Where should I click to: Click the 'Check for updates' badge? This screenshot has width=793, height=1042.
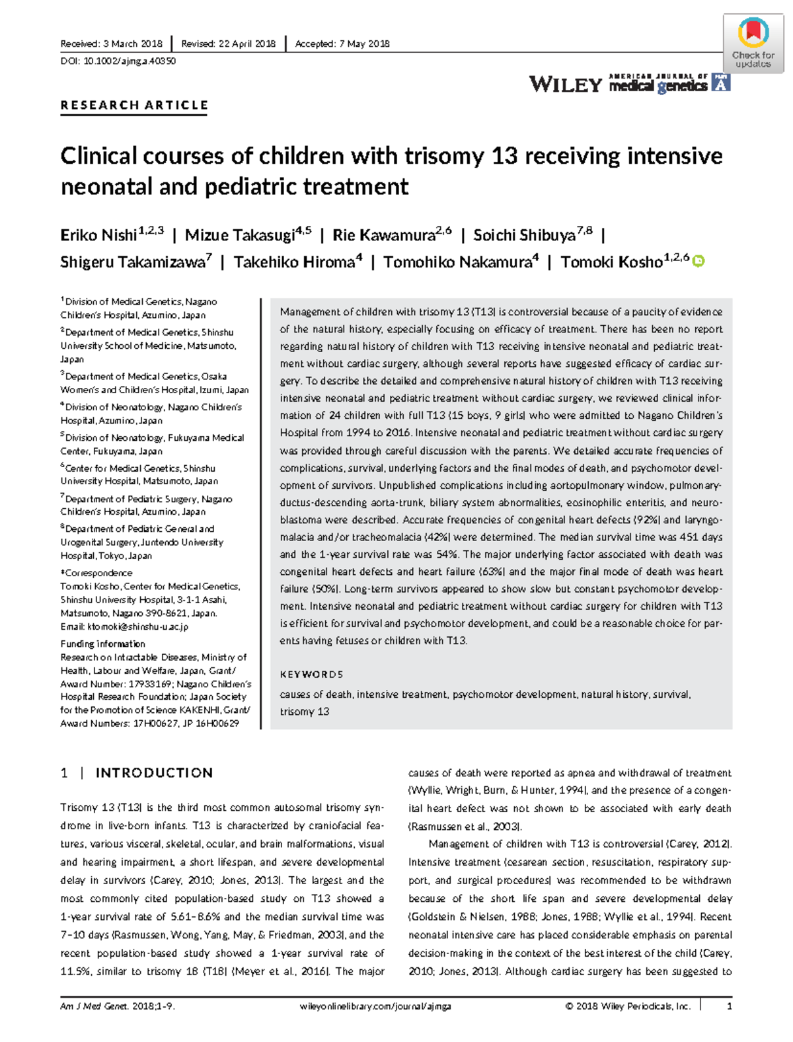click(753, 43)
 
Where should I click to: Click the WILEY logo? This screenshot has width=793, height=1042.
click(565, 85)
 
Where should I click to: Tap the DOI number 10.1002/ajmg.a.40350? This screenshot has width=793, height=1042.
click(129, 61)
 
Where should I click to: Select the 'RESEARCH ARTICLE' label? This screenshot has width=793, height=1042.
click(134, 105)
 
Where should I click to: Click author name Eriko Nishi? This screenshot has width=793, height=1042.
click(98, 236)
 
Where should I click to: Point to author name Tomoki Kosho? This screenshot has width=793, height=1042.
click(611, 262)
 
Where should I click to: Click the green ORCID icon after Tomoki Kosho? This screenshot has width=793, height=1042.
click(699, 261)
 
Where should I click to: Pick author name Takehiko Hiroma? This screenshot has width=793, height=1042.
click(294, 262)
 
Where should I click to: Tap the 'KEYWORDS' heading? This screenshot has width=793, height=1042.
click(311, 675)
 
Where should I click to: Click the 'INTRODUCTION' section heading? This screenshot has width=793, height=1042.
click(154, 773)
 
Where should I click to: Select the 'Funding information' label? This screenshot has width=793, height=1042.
click(102, 644)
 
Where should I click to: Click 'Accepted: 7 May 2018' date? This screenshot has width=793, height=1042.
click(342, 44)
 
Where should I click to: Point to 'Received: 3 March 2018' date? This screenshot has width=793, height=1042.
click(111, 44)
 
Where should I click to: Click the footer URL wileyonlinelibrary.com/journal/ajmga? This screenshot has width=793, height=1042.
click(375, 1006)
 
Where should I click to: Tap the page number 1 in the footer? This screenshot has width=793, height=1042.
click(730, 1006)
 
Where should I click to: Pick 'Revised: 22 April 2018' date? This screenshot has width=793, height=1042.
click(228, 44)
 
